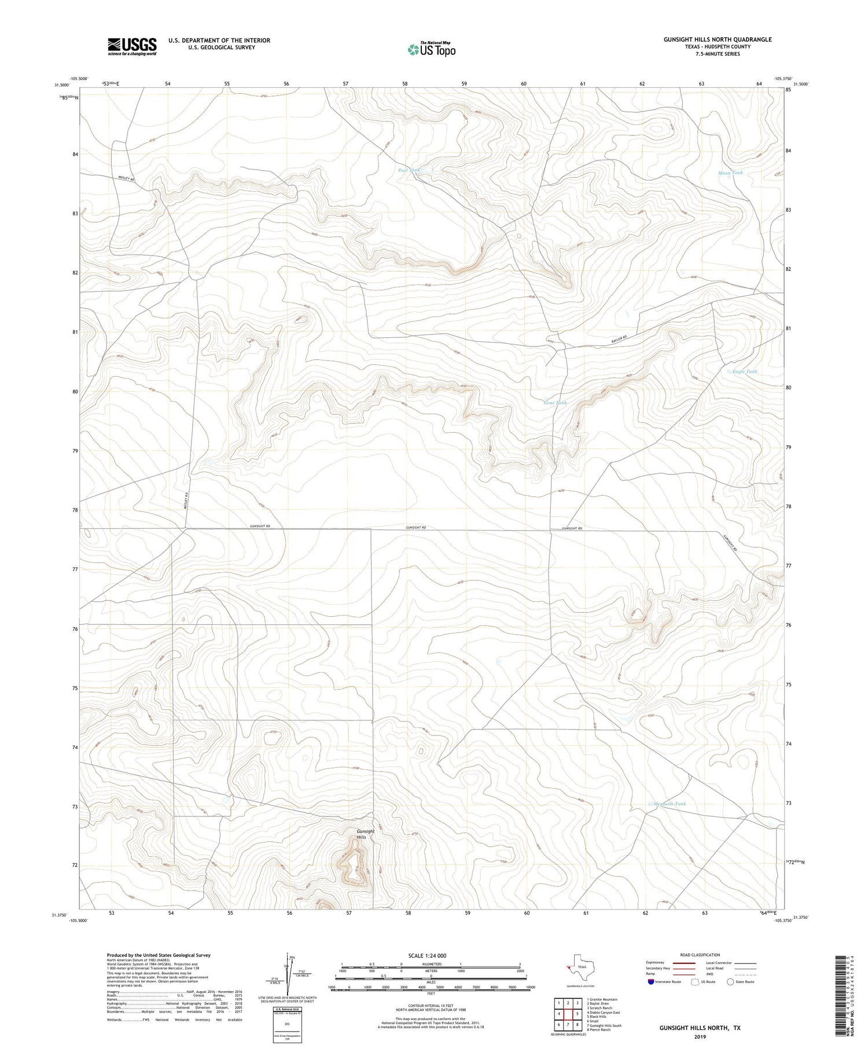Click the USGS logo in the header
[131, 46]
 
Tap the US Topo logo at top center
[431, 50]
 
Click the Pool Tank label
[409, 170]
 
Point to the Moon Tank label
[730, 172]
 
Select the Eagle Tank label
[744, 371]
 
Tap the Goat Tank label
[555, 403]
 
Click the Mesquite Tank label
[670, 804]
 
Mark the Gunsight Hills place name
[365, 834]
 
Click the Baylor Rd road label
[619, 339]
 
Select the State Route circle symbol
[730, 982]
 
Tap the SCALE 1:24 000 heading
[431, 955]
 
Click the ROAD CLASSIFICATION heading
[700, 955]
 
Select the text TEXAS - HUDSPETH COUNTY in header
[718, 47]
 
